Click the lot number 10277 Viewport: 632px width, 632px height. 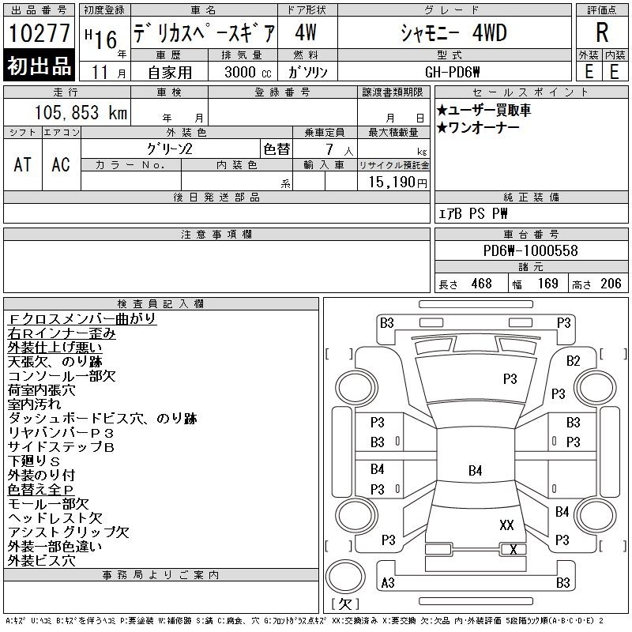(x=39, y=33)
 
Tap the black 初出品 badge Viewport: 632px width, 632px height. (x=39, y=66)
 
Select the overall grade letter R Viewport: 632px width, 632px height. (x=602, y=32)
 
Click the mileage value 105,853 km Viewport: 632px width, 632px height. (x=81, y=112)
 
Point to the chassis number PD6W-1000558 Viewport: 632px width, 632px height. (x=530, y=250)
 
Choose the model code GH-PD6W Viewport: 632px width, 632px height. (x=452, y=72)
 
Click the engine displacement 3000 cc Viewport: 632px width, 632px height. (x=247, y=72)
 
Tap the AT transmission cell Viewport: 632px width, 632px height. (x=23, y=164)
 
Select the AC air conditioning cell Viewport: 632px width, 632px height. (x=61, y=164)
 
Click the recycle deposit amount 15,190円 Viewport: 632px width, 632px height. (x=397, y=182)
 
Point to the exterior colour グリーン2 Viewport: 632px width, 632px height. (x=169, y=149)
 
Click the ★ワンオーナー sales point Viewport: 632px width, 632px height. (x=478, y=128)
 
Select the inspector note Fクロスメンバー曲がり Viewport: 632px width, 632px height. (x=82, y=318)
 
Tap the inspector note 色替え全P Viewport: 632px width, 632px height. (x=41, y=489)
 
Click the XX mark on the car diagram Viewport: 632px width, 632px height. (x=506, y=525)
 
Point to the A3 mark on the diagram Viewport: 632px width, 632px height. (x=388, y=583)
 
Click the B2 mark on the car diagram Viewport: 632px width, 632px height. (x=574, y=361)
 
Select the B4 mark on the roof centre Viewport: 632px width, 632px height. (x=476, y=470)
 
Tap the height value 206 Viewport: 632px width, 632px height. (x=611, y=284)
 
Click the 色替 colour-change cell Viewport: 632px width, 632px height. (x=276, y=149)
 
